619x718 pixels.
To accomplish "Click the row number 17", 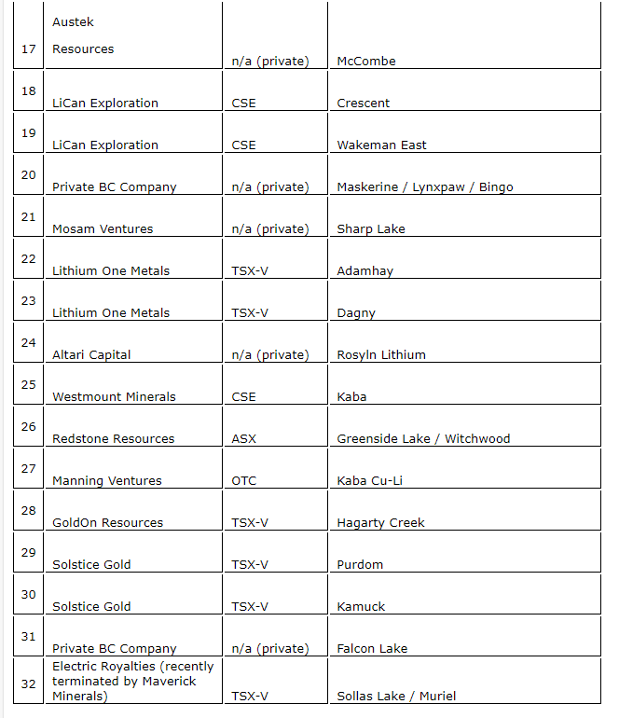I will coord(28,48).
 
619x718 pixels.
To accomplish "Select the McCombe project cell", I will coord(365,62).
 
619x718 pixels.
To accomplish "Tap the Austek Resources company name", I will coord(82,35).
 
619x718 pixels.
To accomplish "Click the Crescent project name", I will coord(363,104).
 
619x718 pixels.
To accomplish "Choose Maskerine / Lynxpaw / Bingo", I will coord(424,187).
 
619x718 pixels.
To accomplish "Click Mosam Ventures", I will coord(102,229).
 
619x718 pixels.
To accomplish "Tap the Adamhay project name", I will coord(365,271).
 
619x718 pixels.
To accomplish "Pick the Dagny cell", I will coord(356,313).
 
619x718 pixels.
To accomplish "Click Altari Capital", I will coord(91,355).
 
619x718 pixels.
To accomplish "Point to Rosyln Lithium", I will coord(380,355).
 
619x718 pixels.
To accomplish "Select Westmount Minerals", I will coord(114,397).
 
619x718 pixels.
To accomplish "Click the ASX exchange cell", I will coord(243,439).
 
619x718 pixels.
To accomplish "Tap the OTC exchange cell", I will coord(243,481).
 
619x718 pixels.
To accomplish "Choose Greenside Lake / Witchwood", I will coord(423,439).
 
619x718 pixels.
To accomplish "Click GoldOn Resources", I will coord(107,523).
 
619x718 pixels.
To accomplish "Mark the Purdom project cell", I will coord(360,565).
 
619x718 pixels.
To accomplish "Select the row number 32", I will coord(28,683).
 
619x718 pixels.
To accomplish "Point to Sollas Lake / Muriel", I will coord(396,697).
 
